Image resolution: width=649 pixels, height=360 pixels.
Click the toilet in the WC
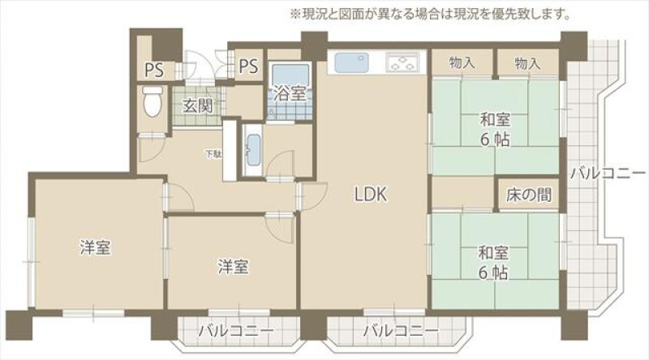tap(153, 101)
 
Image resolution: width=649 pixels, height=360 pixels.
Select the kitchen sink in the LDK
tap(351, 62)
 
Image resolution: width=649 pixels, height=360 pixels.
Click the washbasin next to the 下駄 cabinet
tap(253, 150)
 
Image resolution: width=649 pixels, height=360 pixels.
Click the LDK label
tap(371, 194)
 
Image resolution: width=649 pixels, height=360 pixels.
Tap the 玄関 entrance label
tap(198, 106)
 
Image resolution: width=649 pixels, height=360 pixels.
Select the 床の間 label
tap(529, 195)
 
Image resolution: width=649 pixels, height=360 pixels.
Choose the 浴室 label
tap(290, 94)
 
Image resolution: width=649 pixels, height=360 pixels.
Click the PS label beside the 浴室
tap(248, 66)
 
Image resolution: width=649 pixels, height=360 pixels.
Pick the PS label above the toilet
tap(154, 71)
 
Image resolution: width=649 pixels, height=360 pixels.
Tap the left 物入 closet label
tap(462, 63)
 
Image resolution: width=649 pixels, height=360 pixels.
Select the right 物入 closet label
tap(528, 63)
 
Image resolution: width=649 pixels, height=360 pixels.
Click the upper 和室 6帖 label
tap(495, 130)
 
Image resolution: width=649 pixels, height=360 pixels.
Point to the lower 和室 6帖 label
tap(493, 263)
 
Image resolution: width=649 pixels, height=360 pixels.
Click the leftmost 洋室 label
tap(95, 247)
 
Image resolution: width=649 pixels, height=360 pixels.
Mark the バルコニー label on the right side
tap(608, 173)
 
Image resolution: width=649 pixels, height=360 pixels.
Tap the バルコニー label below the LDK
tap(401, 331)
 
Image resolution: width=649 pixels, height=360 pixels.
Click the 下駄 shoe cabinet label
tap(213, 155)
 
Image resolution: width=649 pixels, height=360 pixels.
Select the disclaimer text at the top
tap(430, 15)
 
